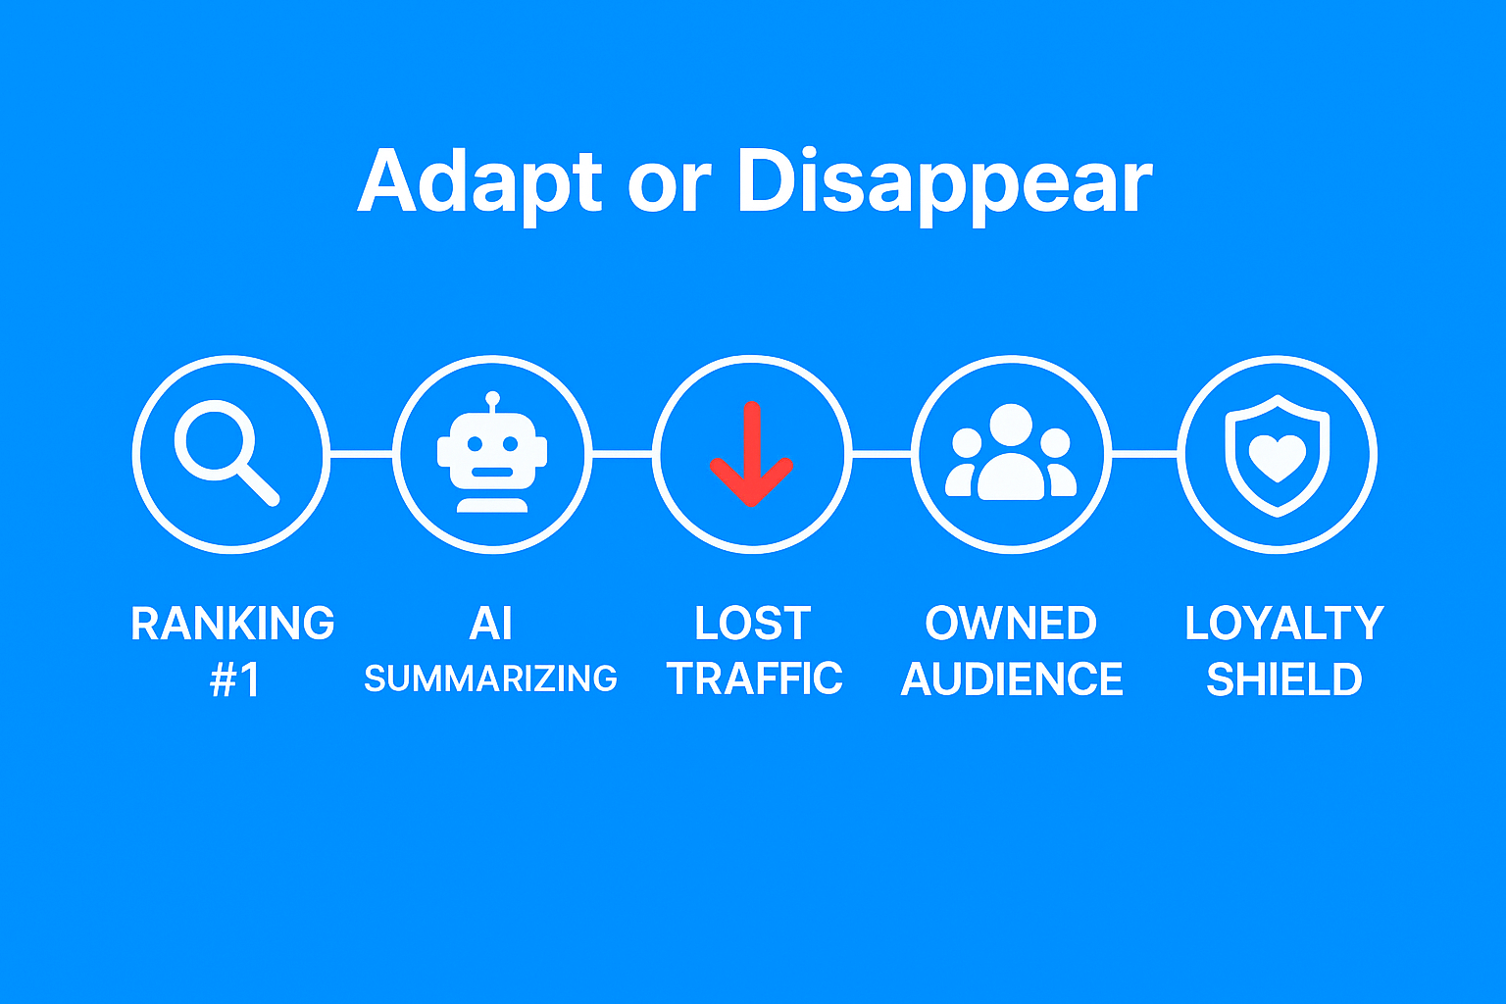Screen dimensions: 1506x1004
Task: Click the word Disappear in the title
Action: point(944,185)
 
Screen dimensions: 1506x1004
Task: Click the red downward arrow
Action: point(752,454)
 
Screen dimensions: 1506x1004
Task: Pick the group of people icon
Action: point(1011,451)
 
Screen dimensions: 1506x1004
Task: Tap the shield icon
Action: point(1277,455)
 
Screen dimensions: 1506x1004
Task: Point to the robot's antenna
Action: point(493,402)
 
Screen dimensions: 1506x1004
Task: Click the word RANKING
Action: point(232,624)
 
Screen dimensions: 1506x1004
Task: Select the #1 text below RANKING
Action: point(234,679)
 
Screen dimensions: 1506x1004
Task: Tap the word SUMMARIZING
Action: point(491,678)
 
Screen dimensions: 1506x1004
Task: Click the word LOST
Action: point(752,624)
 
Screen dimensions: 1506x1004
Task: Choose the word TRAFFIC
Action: point(754,678)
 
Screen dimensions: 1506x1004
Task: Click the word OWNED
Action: point(1011,624)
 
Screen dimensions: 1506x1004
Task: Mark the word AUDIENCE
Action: point(1012,679)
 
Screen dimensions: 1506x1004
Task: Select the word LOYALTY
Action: point(1284,624)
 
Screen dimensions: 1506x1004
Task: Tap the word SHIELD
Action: point(1284,679)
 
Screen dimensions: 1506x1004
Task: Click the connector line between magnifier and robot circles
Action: point(361,455)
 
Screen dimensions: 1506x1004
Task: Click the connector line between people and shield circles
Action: point(1144,455)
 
